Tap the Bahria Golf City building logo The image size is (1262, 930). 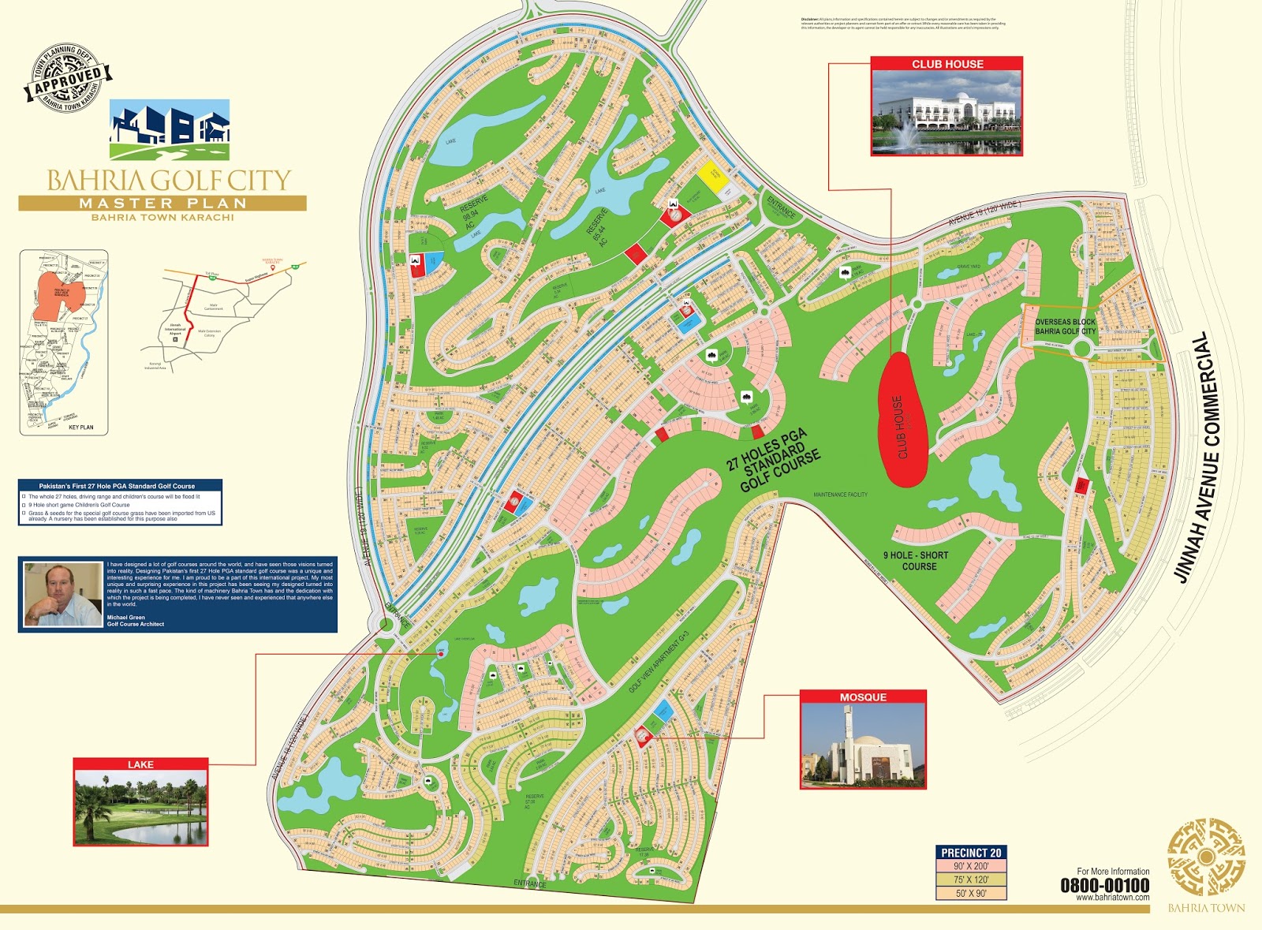click(x=170, y=130)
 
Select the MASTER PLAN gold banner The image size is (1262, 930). click(x=162, y=204)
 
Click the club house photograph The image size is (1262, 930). click(x=946, y=113)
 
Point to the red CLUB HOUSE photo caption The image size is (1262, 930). click(x=946, y=64)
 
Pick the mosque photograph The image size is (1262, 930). click(x=863, y=745)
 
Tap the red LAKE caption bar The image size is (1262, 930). click(x=140, y=764)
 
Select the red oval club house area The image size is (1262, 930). click(x=902, y=418)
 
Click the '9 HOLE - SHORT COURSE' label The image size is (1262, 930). click(x=917, y=561)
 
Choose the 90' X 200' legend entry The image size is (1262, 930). click(x=971, y=866)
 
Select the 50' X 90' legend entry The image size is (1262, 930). click(x=971, y=894)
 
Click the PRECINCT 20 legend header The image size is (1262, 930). click(x=971, y=853)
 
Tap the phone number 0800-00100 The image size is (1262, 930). click(x=1103, y=885)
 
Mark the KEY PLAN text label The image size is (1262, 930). click(x=80, y=428)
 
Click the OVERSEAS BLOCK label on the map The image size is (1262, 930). click(x=1065, y=322)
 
